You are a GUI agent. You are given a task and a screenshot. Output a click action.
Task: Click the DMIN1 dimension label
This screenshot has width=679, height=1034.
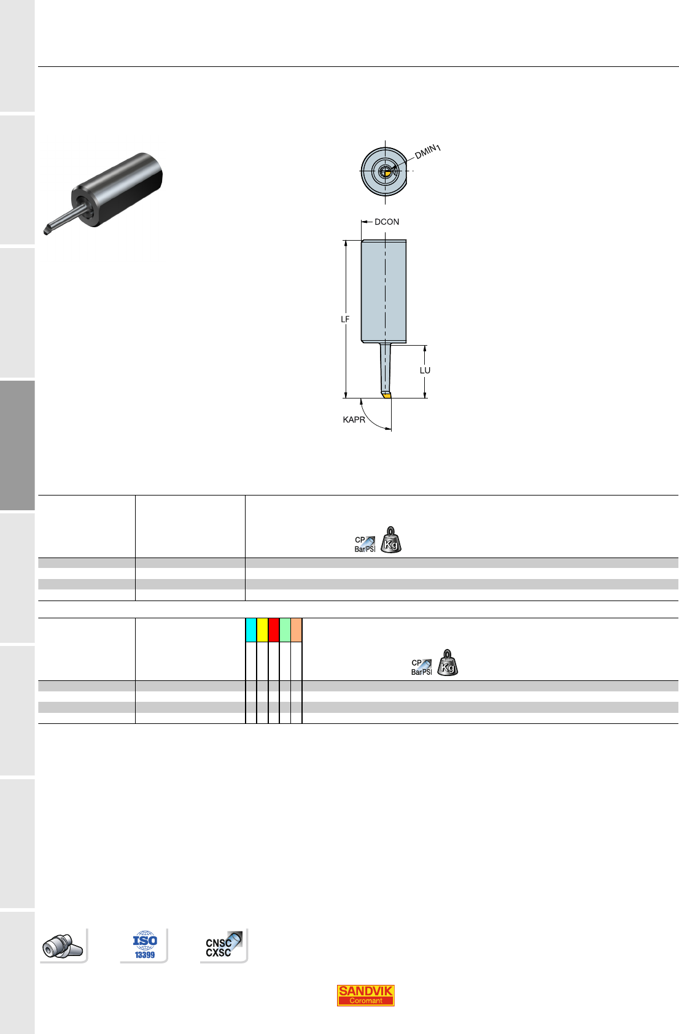[427, 152]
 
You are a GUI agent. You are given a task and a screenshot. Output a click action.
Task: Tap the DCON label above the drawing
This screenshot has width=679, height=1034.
[387, 222]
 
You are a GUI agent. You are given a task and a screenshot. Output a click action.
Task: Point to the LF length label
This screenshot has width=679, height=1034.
[345, 319]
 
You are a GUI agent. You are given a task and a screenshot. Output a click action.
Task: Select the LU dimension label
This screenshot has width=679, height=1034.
[425, 371]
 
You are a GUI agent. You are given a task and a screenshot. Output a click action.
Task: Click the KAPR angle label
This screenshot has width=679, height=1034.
[354, 419]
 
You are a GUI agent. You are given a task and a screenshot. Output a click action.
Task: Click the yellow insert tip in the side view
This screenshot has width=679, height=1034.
[387, 395]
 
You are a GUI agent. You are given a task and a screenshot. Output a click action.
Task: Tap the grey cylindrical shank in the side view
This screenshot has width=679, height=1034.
[384, 291]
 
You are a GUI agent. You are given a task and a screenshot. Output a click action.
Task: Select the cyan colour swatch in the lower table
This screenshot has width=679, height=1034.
[251, 629]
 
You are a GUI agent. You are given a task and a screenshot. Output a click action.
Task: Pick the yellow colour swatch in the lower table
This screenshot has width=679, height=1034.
[262, 629]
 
